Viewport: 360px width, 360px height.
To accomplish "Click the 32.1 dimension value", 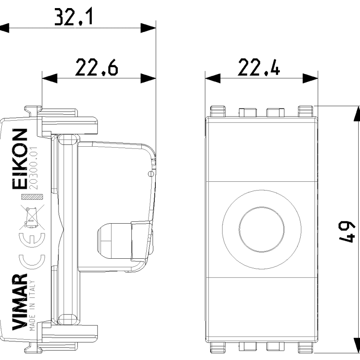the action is coord(73,17).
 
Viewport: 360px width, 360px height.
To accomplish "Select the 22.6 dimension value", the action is coord(96,67).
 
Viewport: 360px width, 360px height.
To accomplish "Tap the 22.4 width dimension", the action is coord(259,67).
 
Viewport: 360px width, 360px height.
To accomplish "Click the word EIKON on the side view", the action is coord(20,159).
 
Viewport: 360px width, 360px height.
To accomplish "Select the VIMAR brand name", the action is coord(20,301).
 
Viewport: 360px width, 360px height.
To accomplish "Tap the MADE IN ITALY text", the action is coord(32,306).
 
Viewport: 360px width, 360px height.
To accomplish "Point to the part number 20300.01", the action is coord(33,168).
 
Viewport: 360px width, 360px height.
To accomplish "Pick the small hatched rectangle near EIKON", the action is coord(32,197).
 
